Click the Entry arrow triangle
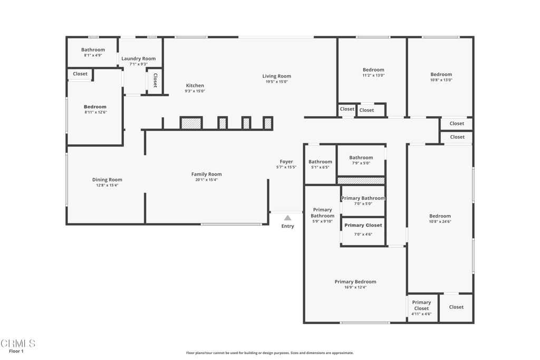(x=287, y=218)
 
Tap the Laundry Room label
(x=139, y=59)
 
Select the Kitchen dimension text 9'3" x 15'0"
(x=195, y=91)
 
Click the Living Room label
(x=276, y=76)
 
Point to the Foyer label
(x=286, y=161)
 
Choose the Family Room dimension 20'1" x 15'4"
(x=207, y=180)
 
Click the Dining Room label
(x=107, y=180)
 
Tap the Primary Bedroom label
(x=355, y=281)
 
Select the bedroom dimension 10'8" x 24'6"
(x=440, y=222)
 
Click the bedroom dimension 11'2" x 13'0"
(x=373, y=75)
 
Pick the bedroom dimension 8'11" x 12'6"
(x=96, y=112)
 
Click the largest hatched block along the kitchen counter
(x=191, y=123)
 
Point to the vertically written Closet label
(x=156, y=80)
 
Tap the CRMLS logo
(x=18, y=343)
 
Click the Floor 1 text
(x=16, y=352)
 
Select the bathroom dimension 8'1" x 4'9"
(x=93, y=55)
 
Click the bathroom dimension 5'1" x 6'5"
(x=320, y=167)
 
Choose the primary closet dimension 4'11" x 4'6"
(x=421, y=314)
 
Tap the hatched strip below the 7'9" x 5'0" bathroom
(x=361, y=181)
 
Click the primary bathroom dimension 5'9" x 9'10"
(x=322, y=221)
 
